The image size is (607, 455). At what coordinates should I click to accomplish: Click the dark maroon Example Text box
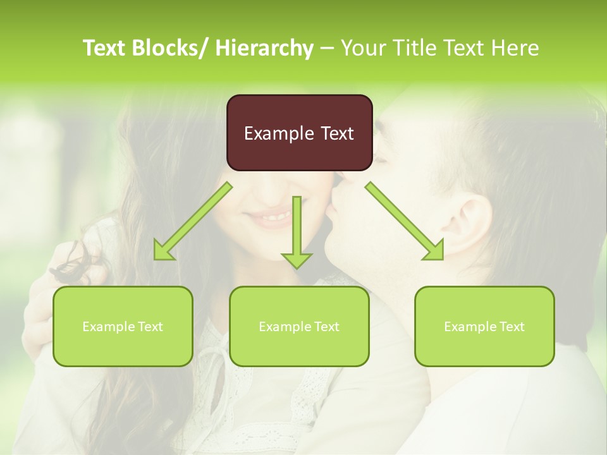tap(299, 133)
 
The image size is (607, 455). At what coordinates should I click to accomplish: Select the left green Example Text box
tap(123, 326)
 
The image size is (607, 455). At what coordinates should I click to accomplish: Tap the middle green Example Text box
tap(299, 326)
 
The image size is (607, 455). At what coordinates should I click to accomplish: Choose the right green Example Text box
tap(484, 326)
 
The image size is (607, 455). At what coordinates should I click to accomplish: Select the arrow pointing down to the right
tap(405, 222)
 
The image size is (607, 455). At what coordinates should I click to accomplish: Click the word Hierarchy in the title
tap(264, 48)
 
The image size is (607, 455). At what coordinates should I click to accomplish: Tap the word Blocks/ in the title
tap(171, 48)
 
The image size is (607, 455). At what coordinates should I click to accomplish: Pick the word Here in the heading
tap(516, 48)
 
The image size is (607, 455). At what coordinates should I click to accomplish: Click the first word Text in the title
tap(105, 48)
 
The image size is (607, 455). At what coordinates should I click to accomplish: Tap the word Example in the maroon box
tap(278, 133)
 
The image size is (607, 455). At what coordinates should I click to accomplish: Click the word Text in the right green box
tap(512, 327)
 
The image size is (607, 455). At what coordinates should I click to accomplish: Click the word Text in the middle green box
tap(326, 327)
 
